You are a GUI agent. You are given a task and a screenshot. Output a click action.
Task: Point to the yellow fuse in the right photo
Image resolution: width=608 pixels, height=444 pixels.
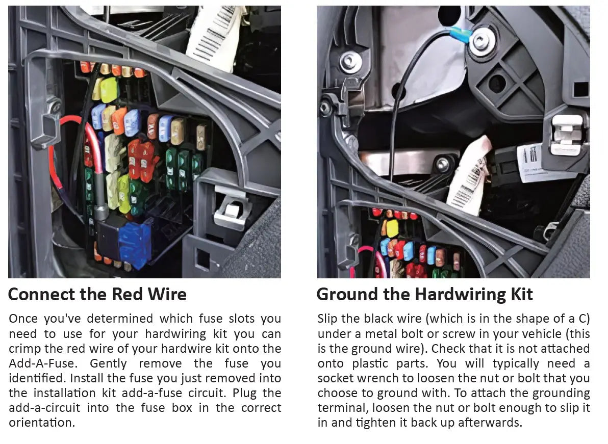point(392,228)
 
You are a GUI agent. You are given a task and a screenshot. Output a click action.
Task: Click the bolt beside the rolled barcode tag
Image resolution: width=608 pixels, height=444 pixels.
point(442,164)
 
